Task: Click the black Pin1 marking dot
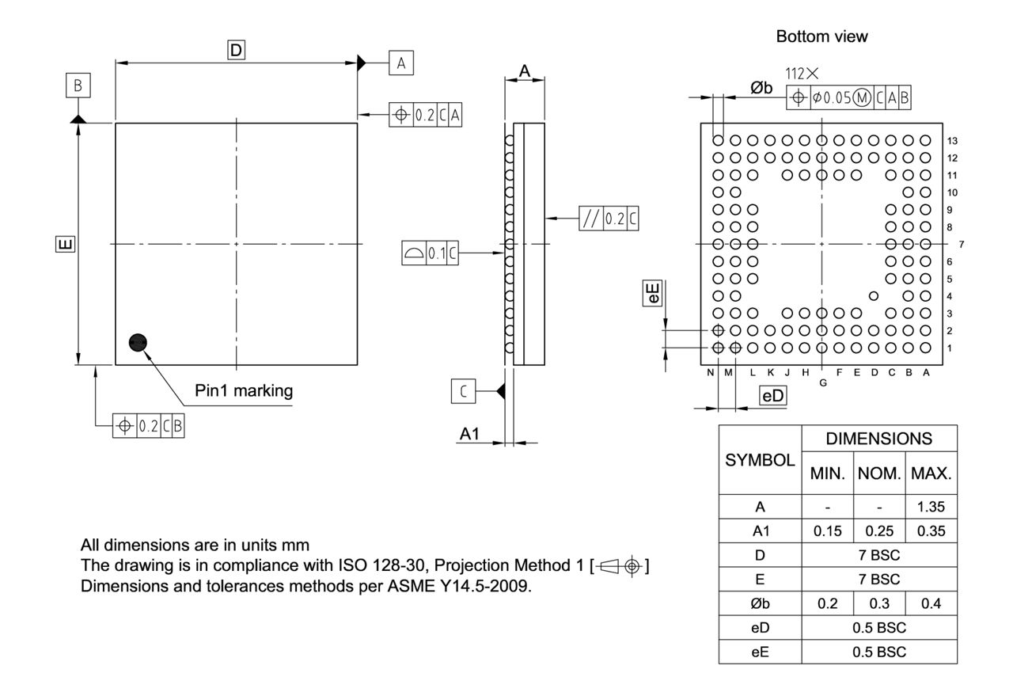pyautogui.click(x=138, y=342)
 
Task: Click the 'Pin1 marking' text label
pyautogui.click(x=244, y=390)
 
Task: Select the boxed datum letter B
pyautogui.click(x=78, y=86)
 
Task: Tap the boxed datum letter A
pyautogui.click(x=400, y=63)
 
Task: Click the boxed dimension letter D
pyautogui.click(x=235, y=51)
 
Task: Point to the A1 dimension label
pyautogui.click(x=470, y=434)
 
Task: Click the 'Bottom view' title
pyautogui.click(x=821, y=36)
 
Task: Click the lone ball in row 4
pyautogui.click(x=874, y=296)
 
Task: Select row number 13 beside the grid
pyautogui.click(x=954, y=140)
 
